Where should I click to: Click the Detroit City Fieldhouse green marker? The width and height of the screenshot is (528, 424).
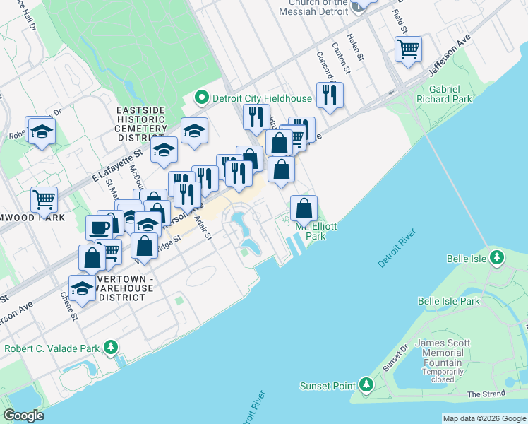click(x=200, y=97)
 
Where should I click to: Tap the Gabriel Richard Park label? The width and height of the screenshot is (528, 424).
click(x=450, y=95)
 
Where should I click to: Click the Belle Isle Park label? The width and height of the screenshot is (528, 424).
click(x=448, y=301)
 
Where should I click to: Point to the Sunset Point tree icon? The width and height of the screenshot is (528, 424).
click(x=366, y=385)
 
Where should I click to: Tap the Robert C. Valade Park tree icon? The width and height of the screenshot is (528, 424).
click(x=111, y=348)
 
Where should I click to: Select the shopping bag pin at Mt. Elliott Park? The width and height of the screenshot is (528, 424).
click(x=304, y=208)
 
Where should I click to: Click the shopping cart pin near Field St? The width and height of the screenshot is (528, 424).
click(x=408, y=49)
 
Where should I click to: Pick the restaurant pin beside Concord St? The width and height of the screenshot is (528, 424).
click(x=330, y=95)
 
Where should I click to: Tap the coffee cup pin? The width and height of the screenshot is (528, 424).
click(x=99, y=228)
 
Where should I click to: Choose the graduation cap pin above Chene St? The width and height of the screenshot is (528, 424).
click(x=82, y=288)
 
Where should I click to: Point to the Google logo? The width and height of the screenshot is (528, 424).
click(x=24, y=416)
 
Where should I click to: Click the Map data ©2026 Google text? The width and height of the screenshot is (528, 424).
click(x=484, y=418)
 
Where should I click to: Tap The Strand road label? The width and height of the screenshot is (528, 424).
click(x=485, y=394)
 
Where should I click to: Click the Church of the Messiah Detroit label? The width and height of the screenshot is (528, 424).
click(x=314, y=8)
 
